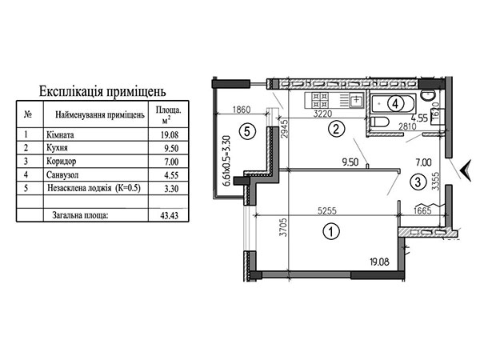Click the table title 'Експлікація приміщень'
tap(102, 91)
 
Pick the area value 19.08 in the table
tap(170, 134)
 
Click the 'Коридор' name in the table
tap(62, 161)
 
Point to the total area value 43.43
tap(170, 215)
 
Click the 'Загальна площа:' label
tap(80, 215)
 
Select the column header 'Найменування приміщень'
tap(99, 115)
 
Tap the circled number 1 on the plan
tap(331, 231)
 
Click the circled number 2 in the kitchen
tap(336, 129)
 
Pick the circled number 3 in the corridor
tap(418, 182)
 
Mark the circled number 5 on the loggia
tap(247, 132)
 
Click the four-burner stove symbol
tap(319, 100)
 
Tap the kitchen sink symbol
tap(356, 100)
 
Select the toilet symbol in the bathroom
tap(379, 122)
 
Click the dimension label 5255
tap(327, 210)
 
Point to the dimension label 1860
tap(242, 110)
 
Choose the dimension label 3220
tap(322, 114)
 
